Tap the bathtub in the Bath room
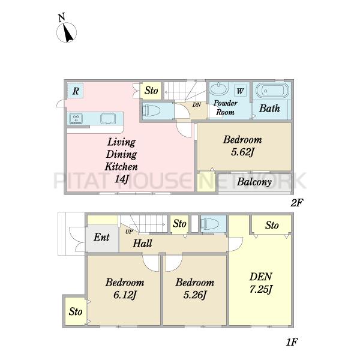click(272, 91)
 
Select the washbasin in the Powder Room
click(219, 89)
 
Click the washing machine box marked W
click(240, 91)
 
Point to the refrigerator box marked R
click(76, 91)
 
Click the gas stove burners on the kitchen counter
click(76, 118)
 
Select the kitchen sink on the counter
click(107, 119)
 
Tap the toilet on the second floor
click(151, 111)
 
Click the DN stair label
click(197, 105)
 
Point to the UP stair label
click(129, 232)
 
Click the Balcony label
click(254, 182)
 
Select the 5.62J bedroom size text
click(242, 152)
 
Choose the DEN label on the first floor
click(261, 277)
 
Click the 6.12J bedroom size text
click(125, 295)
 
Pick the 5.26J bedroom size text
click(195, 295)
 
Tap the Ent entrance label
click(101, 237)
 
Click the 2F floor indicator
click(297, 203)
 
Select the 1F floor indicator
click(292, 343)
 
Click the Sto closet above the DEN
click(272, 225)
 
